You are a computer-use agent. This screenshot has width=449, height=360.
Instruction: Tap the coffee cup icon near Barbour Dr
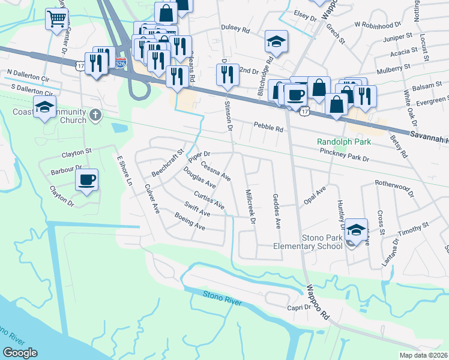87,180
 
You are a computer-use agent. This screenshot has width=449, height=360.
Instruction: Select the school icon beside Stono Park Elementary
356,230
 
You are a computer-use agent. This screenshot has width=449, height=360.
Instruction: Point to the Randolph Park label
345,142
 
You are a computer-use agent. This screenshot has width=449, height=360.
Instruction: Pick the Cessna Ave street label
215,170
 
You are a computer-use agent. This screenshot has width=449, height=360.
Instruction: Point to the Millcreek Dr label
251,207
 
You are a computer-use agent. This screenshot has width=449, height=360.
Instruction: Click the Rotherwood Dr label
394,188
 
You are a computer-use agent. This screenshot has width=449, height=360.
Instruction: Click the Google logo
20,352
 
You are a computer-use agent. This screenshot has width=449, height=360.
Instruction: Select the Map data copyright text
424,355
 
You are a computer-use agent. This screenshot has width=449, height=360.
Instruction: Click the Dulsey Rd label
235,28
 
